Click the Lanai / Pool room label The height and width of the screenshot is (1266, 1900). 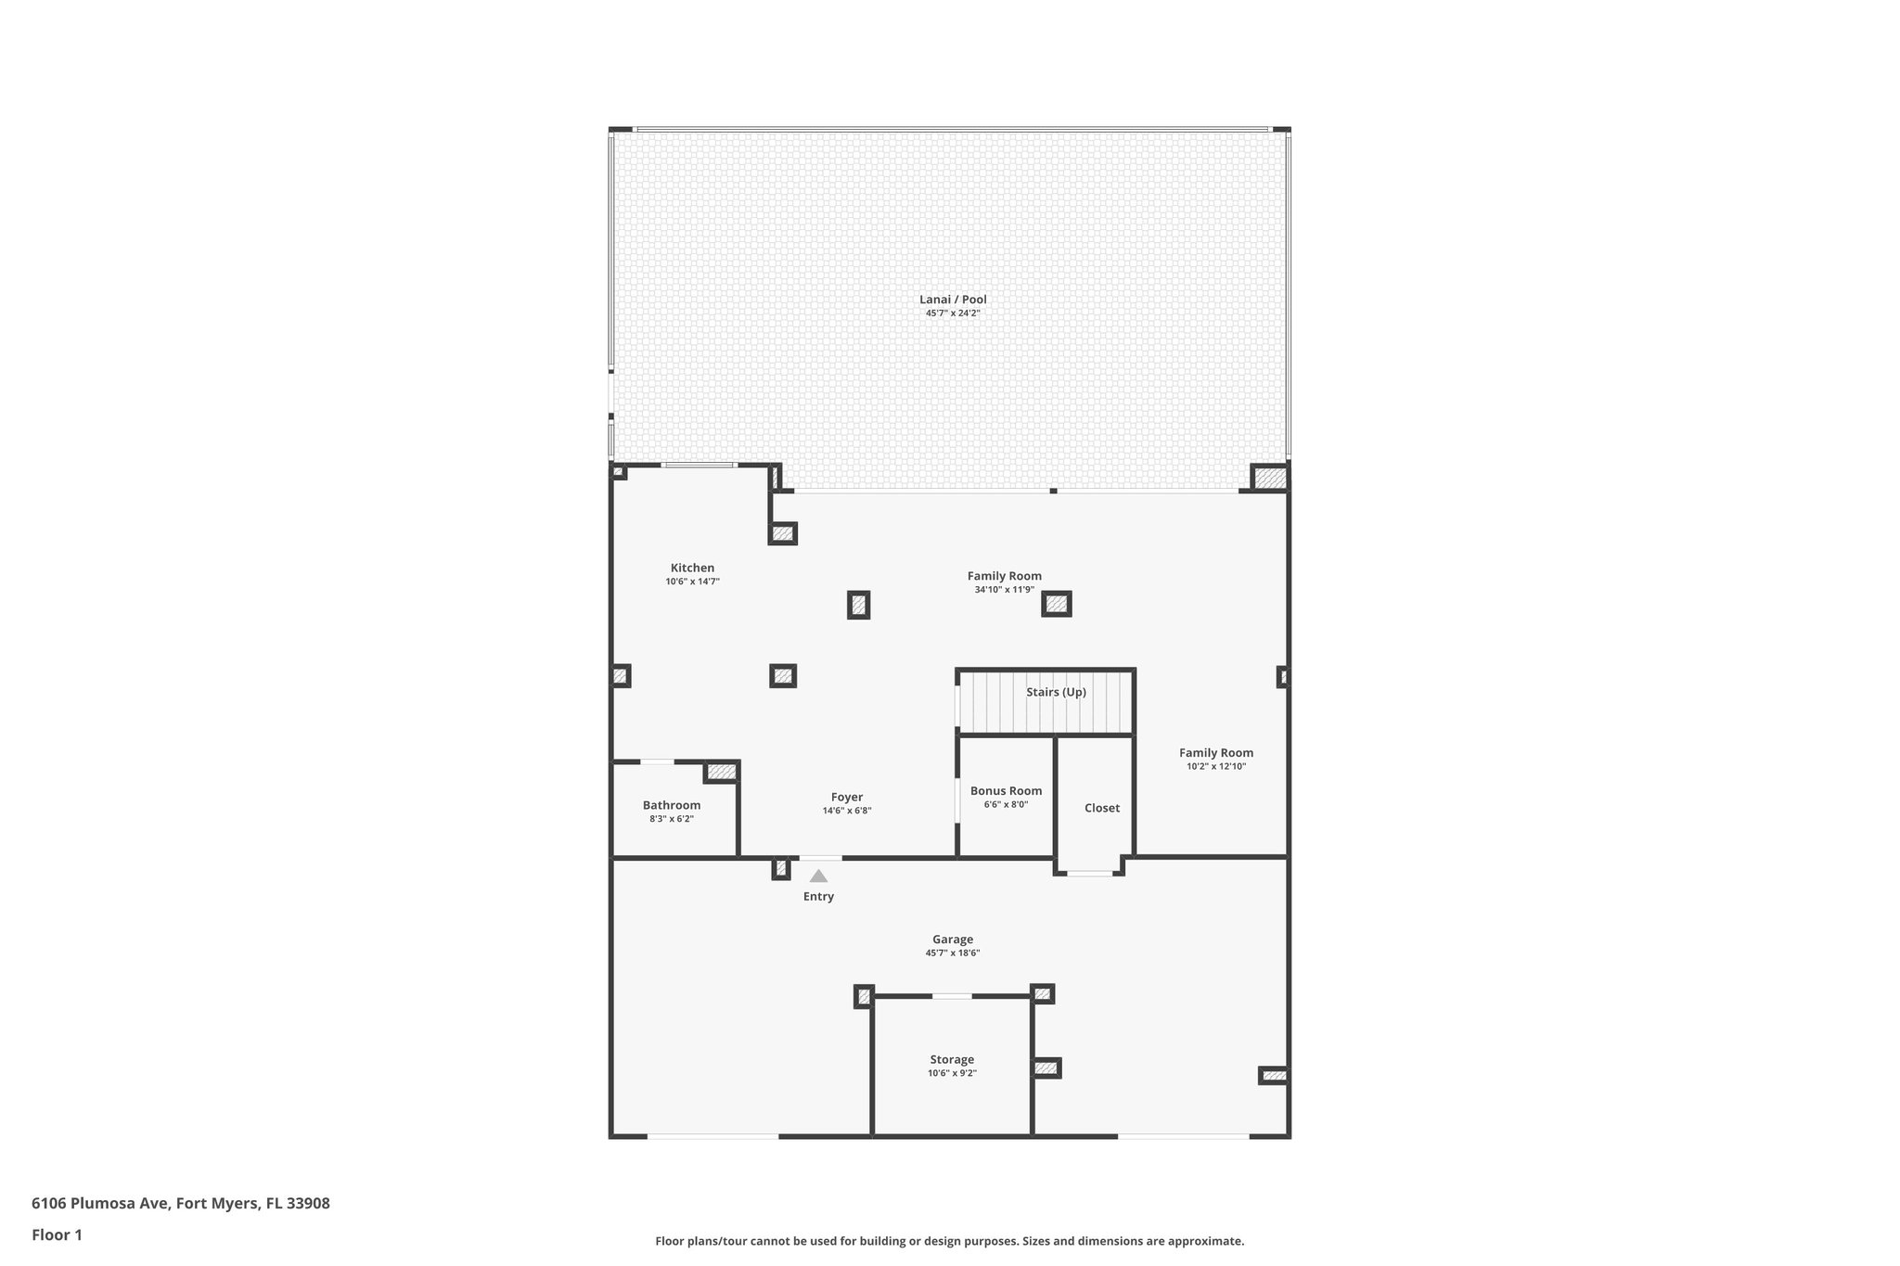953,300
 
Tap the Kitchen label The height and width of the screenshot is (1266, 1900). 692,569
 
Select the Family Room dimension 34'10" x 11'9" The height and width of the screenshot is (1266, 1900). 1004,590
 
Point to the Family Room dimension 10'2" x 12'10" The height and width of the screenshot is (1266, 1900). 1215,767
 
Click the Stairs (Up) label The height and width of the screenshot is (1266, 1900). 1056,692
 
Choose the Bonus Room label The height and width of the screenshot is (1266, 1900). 1006,791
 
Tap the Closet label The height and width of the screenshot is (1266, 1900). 1101,809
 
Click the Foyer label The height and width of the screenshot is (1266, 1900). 846,798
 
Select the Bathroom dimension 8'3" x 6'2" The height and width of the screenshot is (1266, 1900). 671,819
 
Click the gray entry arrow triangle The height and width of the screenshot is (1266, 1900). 818,876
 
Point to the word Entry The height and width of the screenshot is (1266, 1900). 818,897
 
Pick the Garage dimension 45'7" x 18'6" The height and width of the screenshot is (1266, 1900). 952,953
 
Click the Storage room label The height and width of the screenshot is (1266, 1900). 952,1060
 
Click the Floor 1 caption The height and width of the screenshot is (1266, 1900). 57,1234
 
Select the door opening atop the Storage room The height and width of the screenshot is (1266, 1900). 952,996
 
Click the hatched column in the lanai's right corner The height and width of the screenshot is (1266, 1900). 1270,479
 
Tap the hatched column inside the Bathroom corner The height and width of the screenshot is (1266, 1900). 721,772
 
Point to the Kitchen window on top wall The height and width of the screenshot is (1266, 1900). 700,465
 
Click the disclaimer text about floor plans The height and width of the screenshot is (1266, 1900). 949,1241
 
